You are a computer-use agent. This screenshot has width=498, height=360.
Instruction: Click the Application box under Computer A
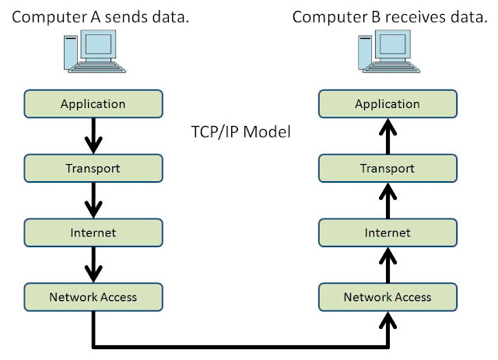93,103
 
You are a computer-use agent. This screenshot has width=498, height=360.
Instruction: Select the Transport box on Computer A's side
93,167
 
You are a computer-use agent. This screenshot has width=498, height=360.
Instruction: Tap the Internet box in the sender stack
93,232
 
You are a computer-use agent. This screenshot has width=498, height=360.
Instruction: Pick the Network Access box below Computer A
93,296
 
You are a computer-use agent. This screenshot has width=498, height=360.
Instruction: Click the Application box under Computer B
387,103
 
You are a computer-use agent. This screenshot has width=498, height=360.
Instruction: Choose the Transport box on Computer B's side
387,167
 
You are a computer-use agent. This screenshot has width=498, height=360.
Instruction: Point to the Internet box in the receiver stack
387,232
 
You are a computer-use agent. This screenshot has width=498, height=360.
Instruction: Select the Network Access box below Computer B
387,296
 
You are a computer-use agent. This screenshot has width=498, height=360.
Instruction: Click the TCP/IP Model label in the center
240,133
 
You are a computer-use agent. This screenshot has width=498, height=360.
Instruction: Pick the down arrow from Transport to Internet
93,200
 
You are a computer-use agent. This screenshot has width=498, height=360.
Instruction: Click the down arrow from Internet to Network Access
93,264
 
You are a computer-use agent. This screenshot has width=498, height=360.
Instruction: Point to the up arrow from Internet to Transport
387,200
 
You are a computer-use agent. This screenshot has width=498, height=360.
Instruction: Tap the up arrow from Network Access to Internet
387,264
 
